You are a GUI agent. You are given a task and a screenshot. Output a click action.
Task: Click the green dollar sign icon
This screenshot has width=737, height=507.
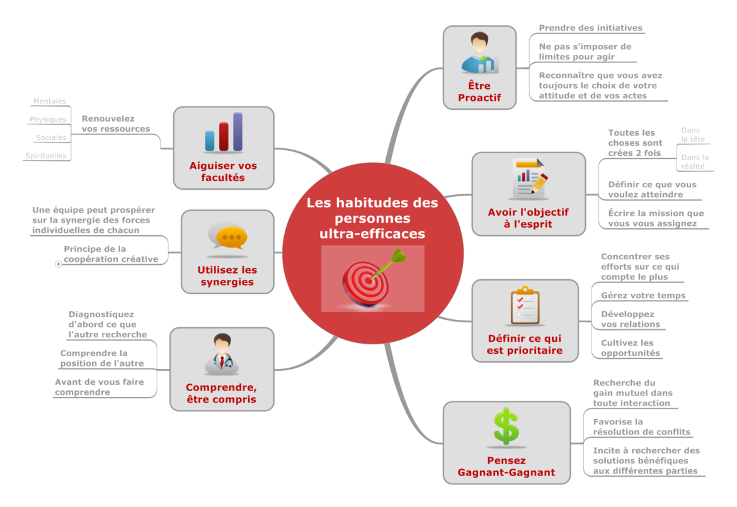click(x=506, y=426)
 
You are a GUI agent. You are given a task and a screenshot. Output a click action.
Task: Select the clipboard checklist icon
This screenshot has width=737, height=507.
click(x=525, y=305)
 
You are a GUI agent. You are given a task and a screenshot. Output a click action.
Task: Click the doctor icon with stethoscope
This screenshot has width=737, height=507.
click(x=222, y=353)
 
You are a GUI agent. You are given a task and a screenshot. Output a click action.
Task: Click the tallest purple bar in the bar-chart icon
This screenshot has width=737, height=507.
click(x=238, y=131)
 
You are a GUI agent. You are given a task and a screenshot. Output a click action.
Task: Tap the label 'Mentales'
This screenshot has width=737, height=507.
click(x=49, y=102)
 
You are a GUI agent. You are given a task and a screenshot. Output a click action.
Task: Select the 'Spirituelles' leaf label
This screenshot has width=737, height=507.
click(x=45, y=156)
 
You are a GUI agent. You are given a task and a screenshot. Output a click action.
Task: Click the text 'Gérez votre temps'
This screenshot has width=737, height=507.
click(x=643, y=296)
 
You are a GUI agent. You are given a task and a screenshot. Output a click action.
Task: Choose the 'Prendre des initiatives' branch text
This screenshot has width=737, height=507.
click(x=590, y=28)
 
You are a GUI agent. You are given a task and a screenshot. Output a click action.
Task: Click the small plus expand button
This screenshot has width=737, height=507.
click(x=59, y=264)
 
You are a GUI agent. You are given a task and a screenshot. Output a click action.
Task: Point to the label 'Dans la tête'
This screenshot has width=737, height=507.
click(x=693, y=135)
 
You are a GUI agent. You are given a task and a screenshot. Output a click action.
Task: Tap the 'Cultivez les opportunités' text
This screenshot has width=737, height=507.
click(x=631, y=348)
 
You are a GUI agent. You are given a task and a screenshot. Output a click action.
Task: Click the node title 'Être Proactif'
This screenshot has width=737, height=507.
click(x=479, y=91)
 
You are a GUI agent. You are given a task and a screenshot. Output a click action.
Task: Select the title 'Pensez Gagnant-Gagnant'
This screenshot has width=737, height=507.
click(x=506, y=466)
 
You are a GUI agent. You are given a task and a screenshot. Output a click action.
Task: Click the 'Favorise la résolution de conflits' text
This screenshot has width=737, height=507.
click(x=642, y=427)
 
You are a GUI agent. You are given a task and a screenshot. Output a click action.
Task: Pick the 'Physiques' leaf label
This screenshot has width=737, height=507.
click(x=48, y=120)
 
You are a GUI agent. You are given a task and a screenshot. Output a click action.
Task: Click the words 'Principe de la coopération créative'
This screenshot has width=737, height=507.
click(x=111, y=254)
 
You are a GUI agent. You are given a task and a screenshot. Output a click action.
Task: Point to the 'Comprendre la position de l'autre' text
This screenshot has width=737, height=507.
click(x=102, y=358)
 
